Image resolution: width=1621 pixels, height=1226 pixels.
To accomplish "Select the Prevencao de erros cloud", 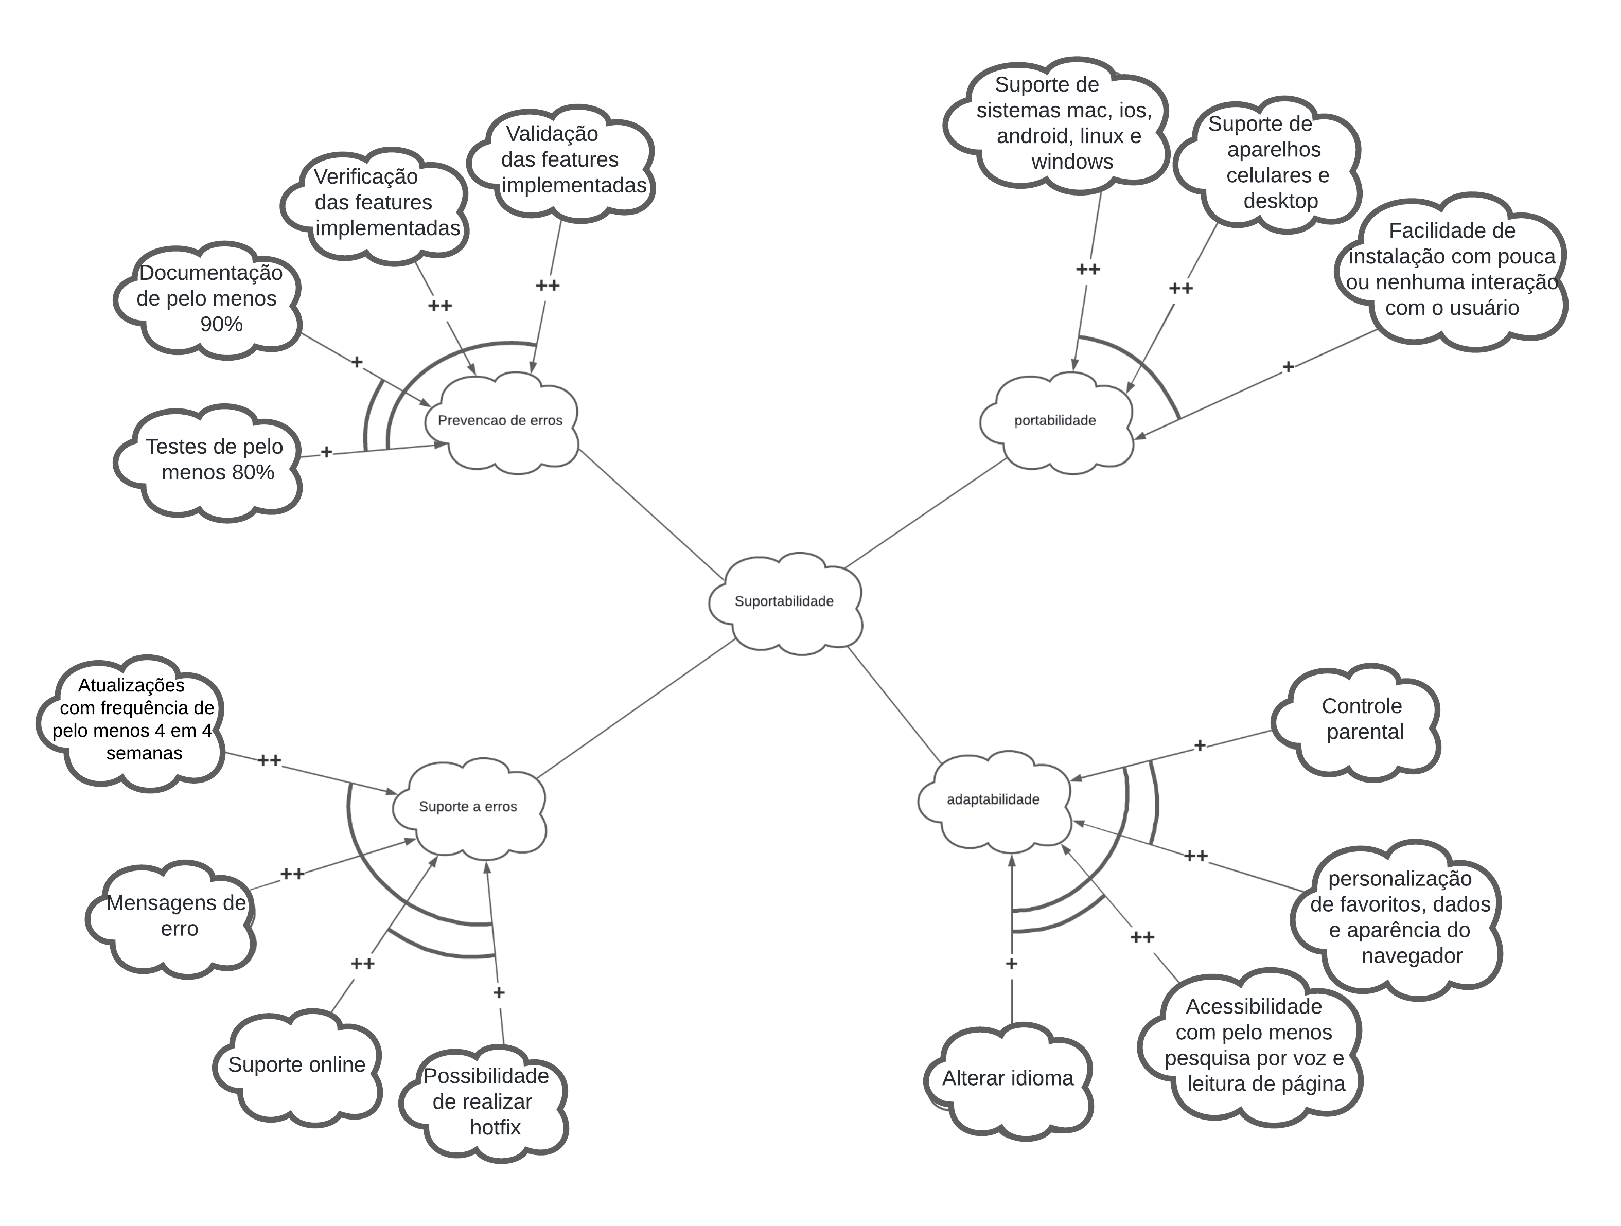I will [x=501, y=421].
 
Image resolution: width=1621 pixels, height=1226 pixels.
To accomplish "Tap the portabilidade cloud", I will [x=1055, y=421].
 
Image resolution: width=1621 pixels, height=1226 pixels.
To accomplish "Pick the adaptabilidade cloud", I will [x=994, y=800].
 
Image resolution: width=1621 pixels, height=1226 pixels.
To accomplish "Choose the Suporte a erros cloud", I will [x=468, y=807].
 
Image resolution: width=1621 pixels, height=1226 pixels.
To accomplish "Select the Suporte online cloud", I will [x=297, y=1065].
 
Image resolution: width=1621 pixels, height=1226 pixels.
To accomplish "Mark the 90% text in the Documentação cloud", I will [x=221, y=325].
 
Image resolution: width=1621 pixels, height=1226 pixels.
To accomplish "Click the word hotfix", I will [x=496, y=1128].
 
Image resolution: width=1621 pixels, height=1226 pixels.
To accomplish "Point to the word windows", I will [x=1072, y=162].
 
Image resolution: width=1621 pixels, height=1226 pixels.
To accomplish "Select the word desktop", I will [x=1281, y=201].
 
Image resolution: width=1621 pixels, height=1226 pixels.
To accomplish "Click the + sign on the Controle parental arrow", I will [x=1200, y=746].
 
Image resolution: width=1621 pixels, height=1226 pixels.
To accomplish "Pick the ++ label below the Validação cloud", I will [x=548, y=286].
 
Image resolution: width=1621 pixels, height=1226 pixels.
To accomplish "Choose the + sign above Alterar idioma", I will [x=1011, y=964].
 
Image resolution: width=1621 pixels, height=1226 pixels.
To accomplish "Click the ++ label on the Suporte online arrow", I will [x=363, y=964].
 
